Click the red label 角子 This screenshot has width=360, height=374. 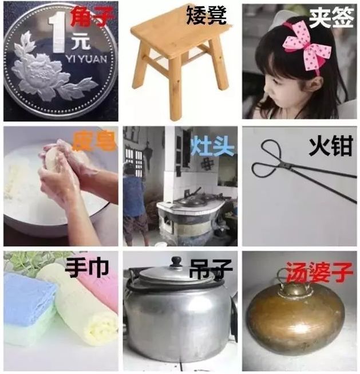tap(90, 19)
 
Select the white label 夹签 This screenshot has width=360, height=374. tap(331, 17)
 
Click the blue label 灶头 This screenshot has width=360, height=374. tap(212, 144)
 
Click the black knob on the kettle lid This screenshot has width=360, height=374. tap(176, 262)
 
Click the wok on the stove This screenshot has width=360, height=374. tap(190, 200)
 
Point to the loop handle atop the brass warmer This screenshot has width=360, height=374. tap(298, 283)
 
